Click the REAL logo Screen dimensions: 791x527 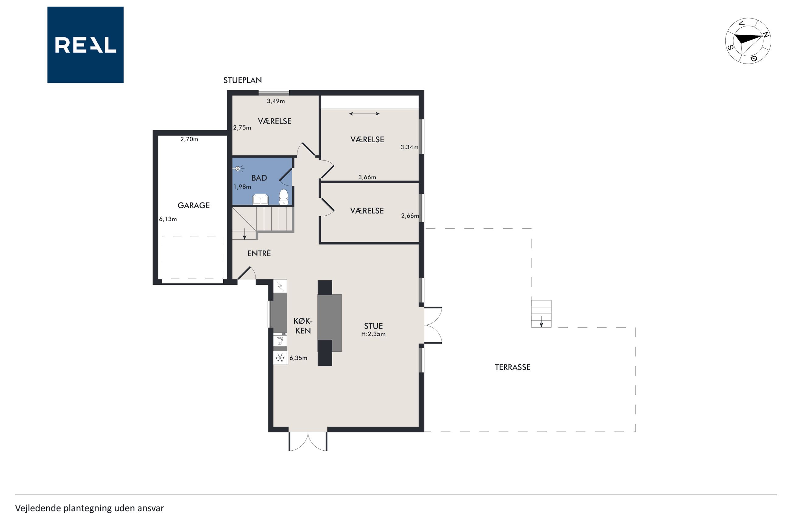(85, 45)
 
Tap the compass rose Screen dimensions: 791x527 (748, 41)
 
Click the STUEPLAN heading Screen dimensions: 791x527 (242, 80)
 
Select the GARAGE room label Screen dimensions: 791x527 (193, 205)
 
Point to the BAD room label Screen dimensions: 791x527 (259, 178)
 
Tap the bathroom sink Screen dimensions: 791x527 (260, 199)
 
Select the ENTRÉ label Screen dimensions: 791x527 (259, 253)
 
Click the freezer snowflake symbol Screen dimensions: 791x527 (280, 358)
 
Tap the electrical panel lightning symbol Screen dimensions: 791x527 (280, 286)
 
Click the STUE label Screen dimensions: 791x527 (374, 326)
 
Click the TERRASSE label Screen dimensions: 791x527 (513, 367)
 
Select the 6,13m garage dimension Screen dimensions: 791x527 (168, 219)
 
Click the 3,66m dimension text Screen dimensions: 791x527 (367, 177)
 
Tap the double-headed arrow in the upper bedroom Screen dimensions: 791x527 (364, 114)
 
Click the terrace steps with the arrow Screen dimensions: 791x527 (541, 314)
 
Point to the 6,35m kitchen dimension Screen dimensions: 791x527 (298, 358)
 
